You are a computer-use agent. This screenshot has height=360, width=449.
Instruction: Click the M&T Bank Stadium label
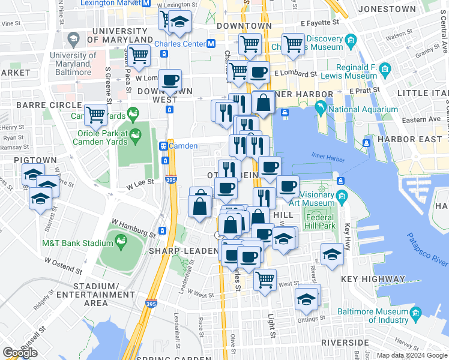coord(77,243)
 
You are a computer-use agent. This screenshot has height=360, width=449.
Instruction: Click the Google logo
coord(20,353)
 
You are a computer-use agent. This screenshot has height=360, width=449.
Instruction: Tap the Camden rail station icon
coord(163,146)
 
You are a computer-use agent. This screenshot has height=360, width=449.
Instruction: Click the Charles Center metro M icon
coord(211,44)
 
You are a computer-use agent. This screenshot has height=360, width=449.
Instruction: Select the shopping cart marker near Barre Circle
coord(95,114)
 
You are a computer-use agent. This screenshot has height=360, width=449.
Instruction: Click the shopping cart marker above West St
coord(265,278)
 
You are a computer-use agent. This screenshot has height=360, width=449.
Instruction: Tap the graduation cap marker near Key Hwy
coord(332,254)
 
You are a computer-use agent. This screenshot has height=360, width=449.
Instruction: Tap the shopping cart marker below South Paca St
coord(139,55)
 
